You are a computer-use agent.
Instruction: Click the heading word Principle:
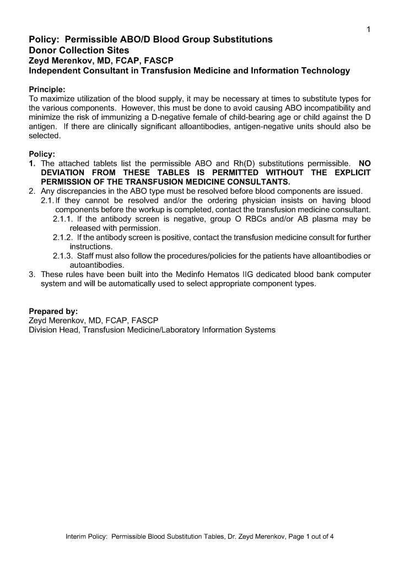[47, 89]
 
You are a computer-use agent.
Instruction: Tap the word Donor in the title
[43, 50]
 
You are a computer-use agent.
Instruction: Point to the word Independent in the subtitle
[55, 71]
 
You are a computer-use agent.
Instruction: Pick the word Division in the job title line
[42, 330]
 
